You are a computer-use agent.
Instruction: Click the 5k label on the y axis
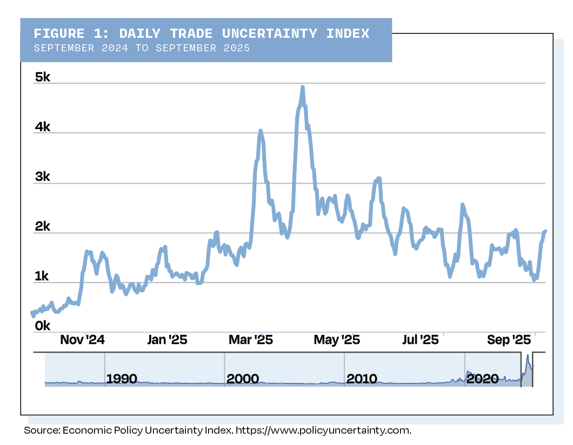(x=42, y=78)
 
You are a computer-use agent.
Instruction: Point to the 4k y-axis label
(x=42, y=127)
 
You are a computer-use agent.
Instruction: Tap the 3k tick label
(x=42, y=177)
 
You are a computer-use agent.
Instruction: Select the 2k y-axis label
(x=42, y=227)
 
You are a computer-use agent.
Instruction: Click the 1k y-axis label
(x=42, y=277)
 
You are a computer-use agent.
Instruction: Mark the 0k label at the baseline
(x=42, y=326)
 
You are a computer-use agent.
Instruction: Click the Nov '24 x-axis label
(x=82, y=340)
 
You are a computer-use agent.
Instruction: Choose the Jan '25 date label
(x=167, y=340)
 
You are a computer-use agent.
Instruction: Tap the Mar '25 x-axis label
(x=251, y=340)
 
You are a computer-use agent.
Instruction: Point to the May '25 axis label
(x=337, y=340)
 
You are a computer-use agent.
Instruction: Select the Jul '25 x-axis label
(x=421, y=340)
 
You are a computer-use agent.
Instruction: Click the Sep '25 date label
(x=509, y=340)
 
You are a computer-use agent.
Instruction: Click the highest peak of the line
(x=303, y=87)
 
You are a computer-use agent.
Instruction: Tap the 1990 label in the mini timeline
(x=122, y=379)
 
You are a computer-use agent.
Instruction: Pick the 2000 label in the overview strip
(x=243, y=379)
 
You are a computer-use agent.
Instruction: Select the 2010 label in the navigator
(x=362, y=379)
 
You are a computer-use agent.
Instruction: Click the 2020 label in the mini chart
(x=482, y=379)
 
